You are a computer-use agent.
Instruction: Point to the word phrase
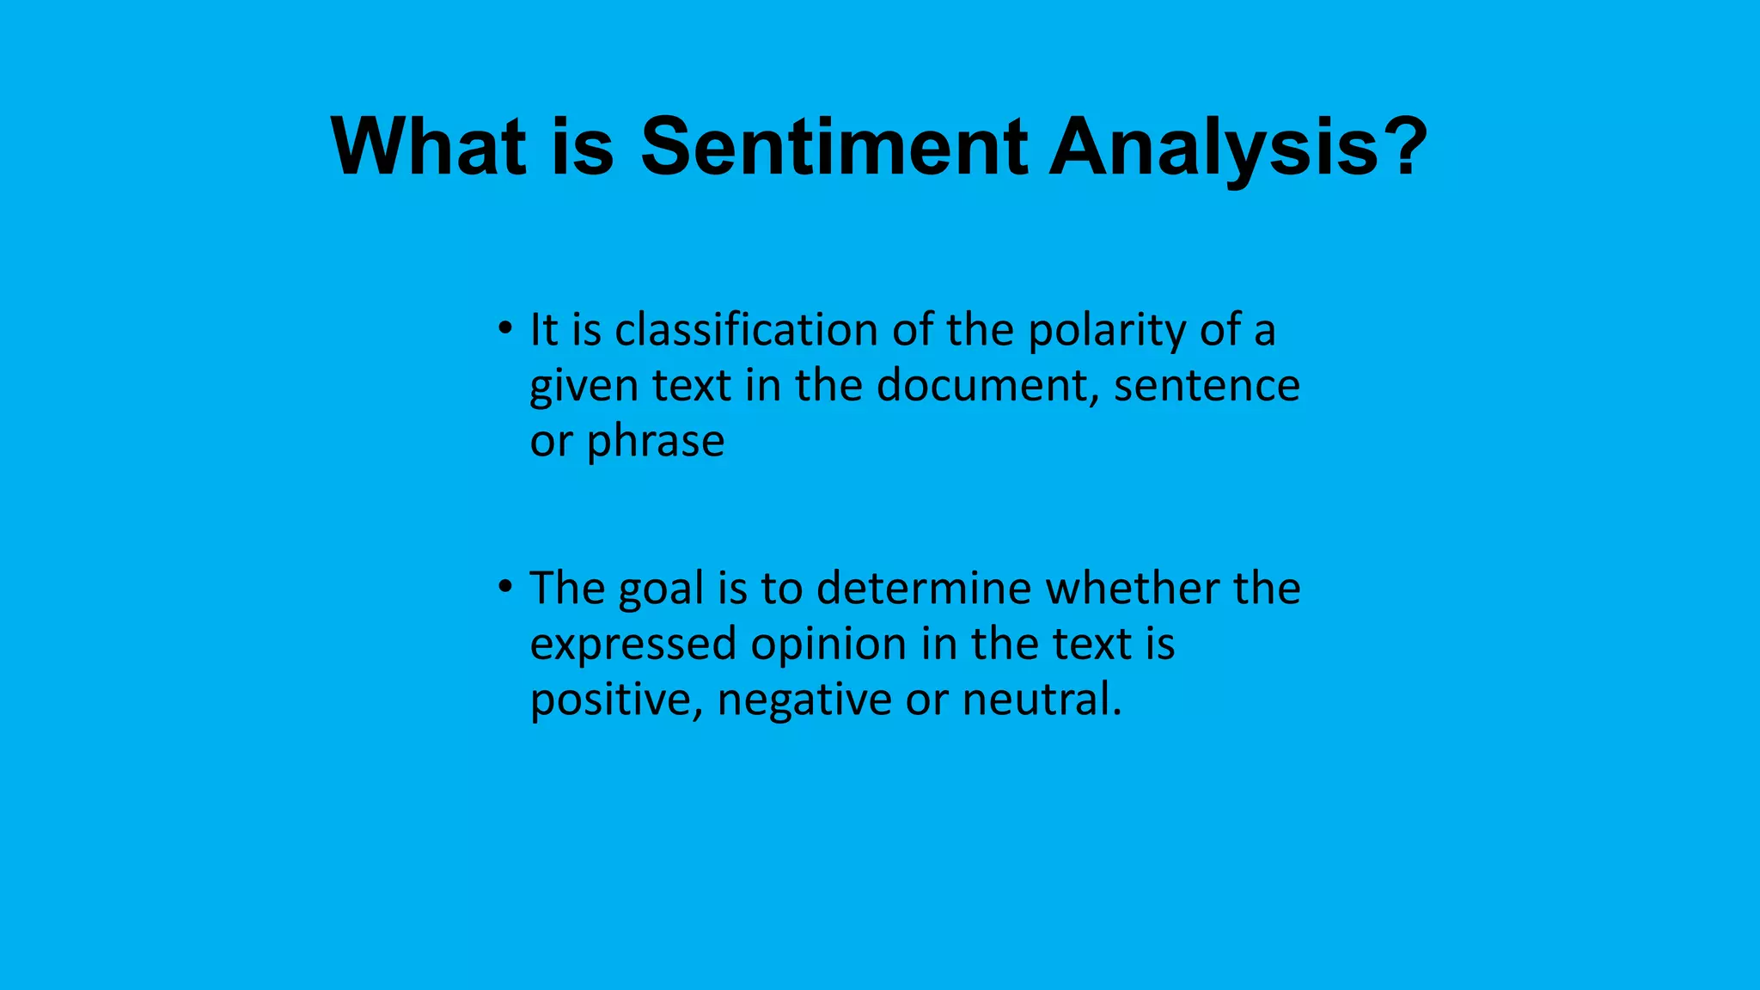(655, 442)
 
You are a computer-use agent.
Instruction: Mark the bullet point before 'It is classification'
(505, 328)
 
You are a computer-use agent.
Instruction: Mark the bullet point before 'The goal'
(505, 587)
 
